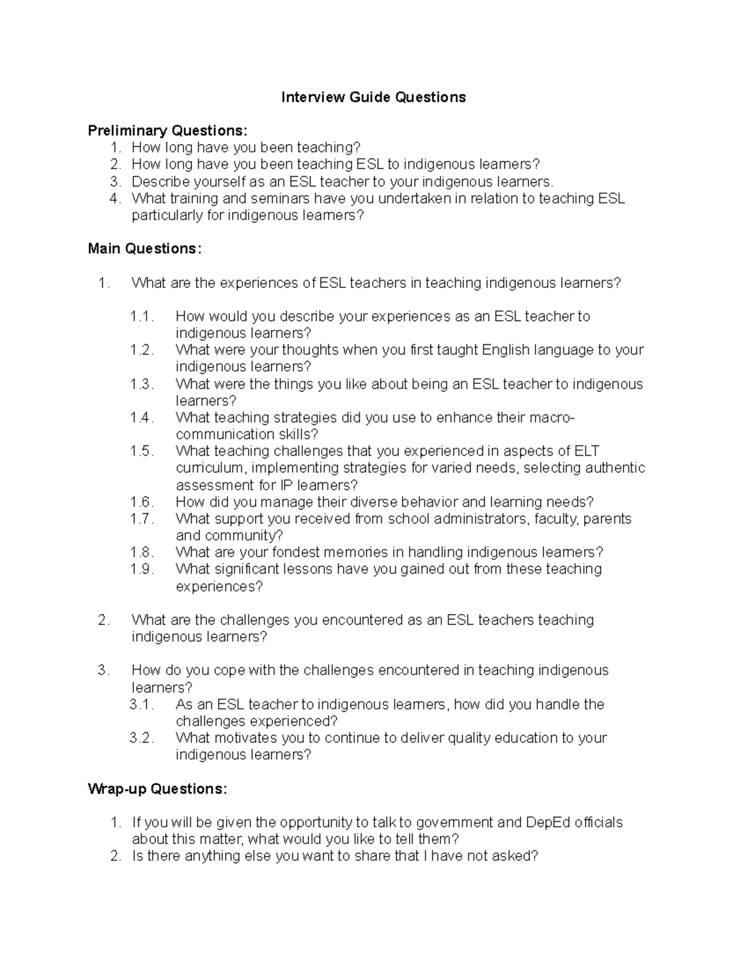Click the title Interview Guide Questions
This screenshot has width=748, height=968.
[x=373, y=97]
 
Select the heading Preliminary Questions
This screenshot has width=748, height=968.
[x=167, y=131]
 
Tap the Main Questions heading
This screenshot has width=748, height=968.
[x=145, y=249]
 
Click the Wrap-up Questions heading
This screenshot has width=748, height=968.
[x=158, y=789]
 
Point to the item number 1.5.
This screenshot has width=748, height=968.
[x=141, y=451]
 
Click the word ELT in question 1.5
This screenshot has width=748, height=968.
[x=587, y=451]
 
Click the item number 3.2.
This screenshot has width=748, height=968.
[x=141, y=738]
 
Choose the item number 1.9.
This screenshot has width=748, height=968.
[x=141, y=569]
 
